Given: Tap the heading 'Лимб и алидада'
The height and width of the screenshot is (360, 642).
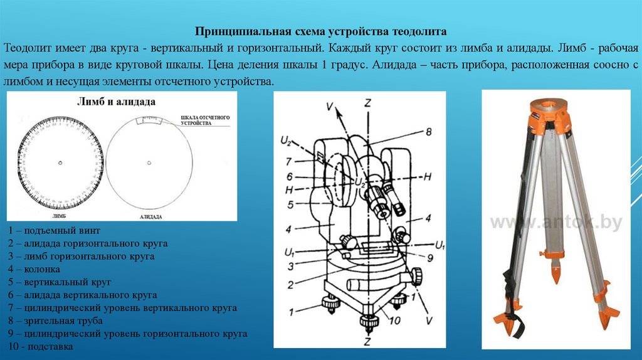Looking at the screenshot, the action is coord(117,101).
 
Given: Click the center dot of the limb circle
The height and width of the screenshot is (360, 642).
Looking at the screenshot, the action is coord(60,163).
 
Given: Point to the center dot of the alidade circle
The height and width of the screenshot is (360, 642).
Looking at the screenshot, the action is coord(149,163).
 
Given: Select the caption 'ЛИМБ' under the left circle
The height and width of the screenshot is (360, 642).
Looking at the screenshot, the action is coord(60,214).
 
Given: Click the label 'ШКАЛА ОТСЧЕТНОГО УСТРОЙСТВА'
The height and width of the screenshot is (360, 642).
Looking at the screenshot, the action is coord(206,120).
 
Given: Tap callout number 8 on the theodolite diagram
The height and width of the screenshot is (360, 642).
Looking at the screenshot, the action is coord(429,132).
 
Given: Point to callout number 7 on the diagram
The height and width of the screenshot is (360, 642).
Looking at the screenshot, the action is coord(288,161).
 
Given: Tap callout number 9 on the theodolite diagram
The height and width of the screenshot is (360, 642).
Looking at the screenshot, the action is coord(431,257).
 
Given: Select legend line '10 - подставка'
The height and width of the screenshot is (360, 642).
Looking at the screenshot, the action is coord(41,346).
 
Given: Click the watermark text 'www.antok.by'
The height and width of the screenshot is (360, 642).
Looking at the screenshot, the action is coord(555,221).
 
